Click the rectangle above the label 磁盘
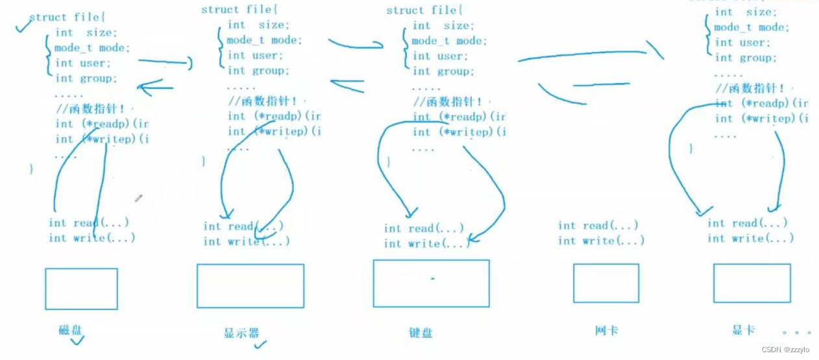click(81, 289)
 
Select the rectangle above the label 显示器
click(250, 285)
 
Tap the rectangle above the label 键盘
click(431, 283)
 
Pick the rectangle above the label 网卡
click(605, 283)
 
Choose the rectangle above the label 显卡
click(752, 283)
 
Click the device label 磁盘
click(71, 330)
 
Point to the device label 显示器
click(241, 333)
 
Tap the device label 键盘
click(421, 333)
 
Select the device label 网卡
click(606, 330)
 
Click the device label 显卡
click(743, 330)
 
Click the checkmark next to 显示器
click(260, 344)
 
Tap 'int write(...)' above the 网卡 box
click(601, 241)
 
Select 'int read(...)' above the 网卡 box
click(598, 226)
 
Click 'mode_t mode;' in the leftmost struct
click(92, 48)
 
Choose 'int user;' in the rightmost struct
click(742, 43)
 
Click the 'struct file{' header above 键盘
click(423, 10)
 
